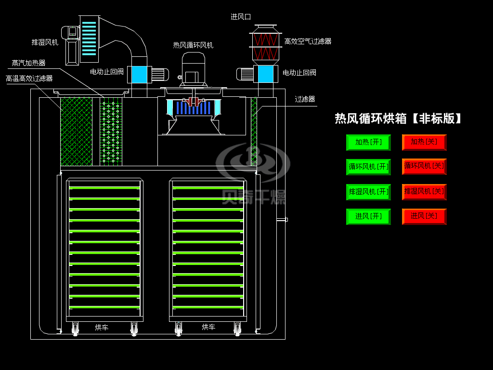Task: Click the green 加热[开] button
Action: click(368, 143)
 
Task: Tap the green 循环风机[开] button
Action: click(368, 167)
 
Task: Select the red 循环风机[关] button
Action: click(424, 166)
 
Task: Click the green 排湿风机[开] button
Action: click(368, 192)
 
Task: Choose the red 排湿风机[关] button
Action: click(424, 192)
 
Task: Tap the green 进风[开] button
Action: click(368, 216)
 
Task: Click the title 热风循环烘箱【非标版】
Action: click(398, 119)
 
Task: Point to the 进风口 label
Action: click(241, 17)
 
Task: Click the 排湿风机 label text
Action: click(45, 42)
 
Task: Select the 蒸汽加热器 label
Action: click(28, 63)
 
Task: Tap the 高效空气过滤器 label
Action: click(308, 41)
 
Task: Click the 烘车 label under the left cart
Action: click(102, 328)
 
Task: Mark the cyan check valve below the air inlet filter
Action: click(266, 74)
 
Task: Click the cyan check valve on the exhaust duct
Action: click(139, 75)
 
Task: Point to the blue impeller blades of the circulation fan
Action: click(193, 107)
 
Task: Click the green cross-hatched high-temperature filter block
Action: click(77, 132)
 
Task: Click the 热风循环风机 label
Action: click(193, 45)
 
